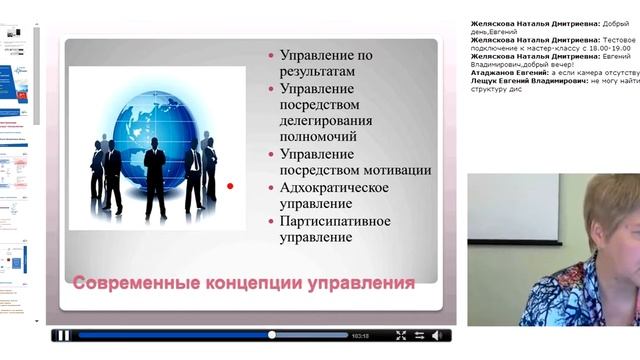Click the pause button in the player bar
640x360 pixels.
63,335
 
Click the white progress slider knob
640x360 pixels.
272,335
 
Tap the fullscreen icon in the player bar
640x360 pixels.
401,335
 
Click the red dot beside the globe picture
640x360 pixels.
230,185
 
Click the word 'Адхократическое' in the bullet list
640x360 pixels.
335,187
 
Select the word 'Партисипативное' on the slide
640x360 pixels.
335,220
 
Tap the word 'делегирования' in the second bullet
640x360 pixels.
324,122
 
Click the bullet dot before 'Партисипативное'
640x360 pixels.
272,221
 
